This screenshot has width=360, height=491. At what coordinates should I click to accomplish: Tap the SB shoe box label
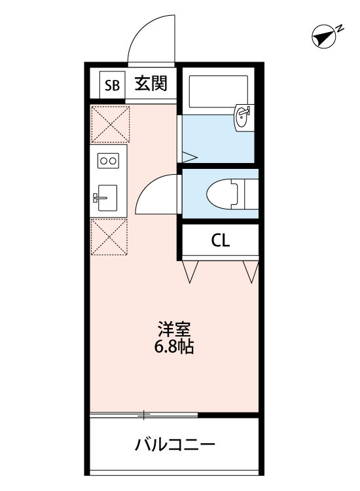[x=112, y=84]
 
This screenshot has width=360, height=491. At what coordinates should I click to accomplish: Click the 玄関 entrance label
[x=151, y=83]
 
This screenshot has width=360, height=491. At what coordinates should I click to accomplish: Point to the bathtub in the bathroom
[x=219, y=92]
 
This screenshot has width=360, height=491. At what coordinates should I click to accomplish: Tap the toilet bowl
[x=223, y=193]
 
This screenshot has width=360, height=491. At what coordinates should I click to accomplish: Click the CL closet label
[x=220, y=240]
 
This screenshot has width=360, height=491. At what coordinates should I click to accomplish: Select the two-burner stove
[x=107, y=160]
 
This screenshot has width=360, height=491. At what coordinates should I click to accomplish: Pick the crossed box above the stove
[x=109, y=124]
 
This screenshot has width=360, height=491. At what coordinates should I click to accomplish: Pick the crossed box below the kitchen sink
[x=108, y=236]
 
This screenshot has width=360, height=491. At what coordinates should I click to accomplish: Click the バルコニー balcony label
[x=175, y=446]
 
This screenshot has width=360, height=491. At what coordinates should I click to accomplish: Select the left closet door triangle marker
[x=191, y=270]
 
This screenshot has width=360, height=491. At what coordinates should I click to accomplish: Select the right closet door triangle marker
[x=250, y=270]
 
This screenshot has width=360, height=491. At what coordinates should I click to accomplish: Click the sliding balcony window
[x=144, y=414]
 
